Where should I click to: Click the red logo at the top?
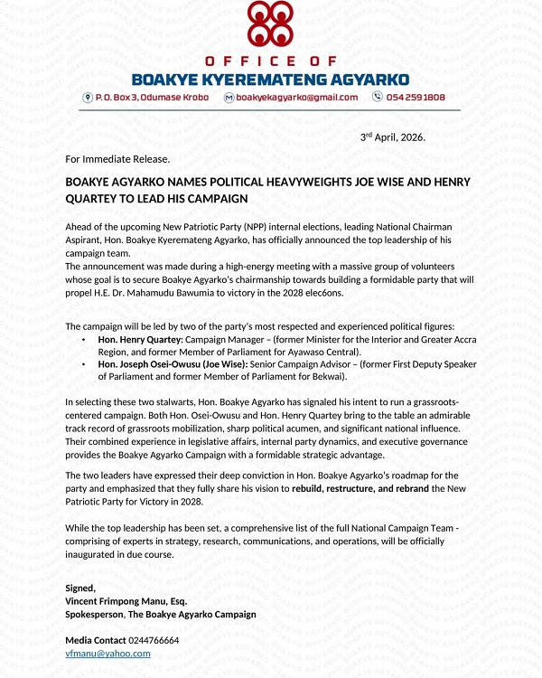(270, 25)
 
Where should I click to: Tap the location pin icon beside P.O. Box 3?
(88, 97)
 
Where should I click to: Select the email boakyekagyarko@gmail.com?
(297, 97)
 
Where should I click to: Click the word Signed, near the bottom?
(80, 588)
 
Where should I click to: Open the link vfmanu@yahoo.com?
(107, 653)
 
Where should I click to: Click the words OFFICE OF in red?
(270, 61)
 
